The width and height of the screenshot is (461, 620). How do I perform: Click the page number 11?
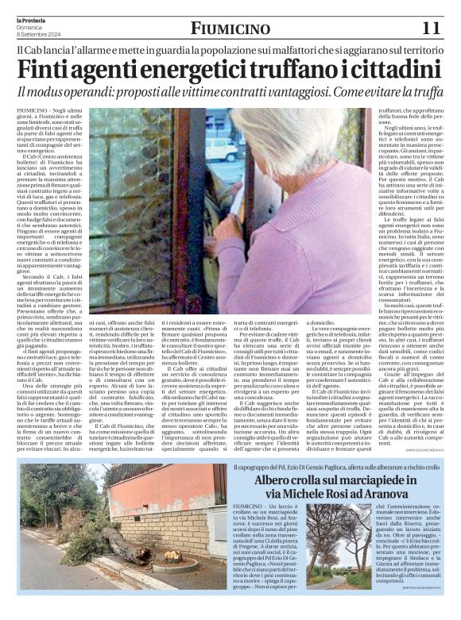(430, 28)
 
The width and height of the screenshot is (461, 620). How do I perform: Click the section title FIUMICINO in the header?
(230, 29)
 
